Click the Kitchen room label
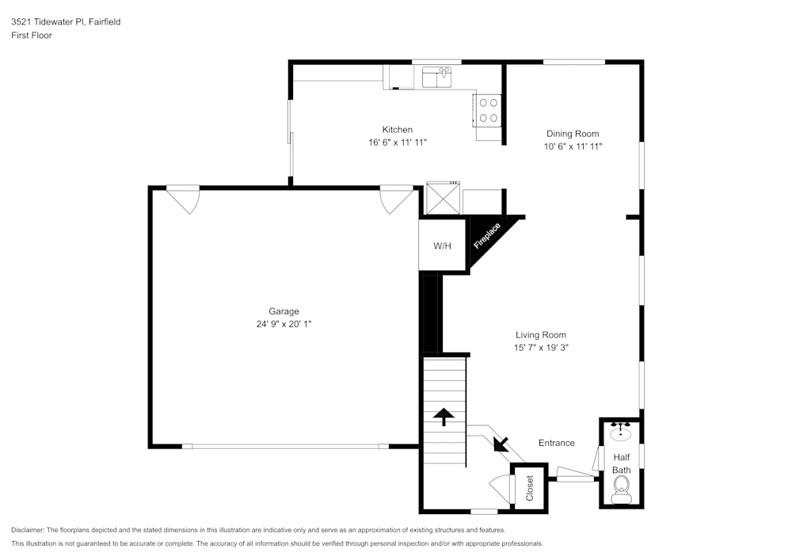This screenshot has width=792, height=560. tap(397, 129)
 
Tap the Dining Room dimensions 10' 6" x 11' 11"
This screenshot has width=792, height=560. tap(573, 147)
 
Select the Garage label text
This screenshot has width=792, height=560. tap(284, 311)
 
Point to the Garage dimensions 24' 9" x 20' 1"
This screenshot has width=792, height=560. tap(284, 324)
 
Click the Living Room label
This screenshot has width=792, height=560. tap(541, 334)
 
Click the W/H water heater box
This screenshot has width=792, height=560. tap(442, 246)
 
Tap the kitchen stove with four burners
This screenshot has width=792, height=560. tap(488, 110)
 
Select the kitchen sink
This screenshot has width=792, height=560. tap(436, 77)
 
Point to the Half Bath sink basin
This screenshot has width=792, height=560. tap(621, 434)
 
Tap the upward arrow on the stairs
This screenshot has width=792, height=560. tap(443, 416)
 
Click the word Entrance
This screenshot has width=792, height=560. tap(556, 443)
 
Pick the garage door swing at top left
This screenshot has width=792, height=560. tap(183, 199)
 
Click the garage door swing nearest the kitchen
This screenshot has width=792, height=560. tap(396, 199)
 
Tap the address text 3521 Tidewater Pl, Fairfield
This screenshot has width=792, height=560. tap(66, 22)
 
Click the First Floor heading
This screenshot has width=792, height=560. tap(32, 36)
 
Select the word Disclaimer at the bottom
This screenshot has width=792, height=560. tap(28, 530)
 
